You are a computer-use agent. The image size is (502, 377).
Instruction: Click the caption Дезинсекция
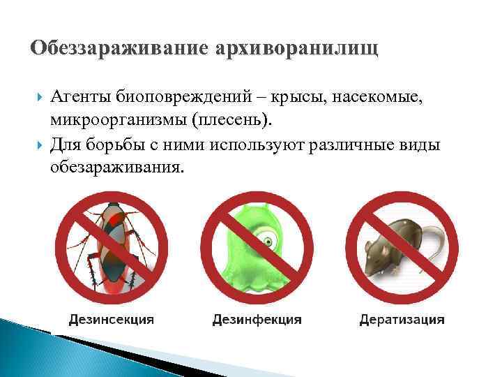[112, 319]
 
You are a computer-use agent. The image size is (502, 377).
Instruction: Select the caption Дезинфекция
[257, 319]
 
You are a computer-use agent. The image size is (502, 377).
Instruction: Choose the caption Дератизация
[402, 319]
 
